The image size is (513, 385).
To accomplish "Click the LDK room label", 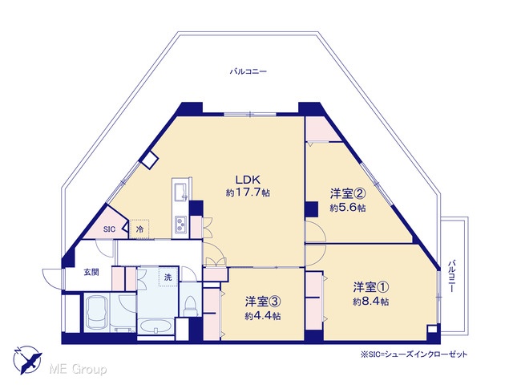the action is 248,180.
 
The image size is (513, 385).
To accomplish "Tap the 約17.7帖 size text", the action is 248,192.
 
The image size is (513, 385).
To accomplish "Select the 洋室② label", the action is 348,194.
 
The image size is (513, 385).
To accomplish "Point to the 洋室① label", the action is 371,287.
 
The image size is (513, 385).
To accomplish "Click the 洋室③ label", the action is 264,302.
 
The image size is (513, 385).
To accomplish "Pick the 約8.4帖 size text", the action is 371,302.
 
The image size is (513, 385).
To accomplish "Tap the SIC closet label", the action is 109,229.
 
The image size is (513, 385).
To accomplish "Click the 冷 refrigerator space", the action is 139,229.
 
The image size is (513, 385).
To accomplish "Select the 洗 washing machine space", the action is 168,278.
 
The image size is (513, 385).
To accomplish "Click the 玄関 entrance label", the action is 91,272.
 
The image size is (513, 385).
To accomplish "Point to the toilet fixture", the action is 190,306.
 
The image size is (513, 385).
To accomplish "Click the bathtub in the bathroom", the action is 97,313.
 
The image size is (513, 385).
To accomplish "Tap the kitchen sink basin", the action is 180,192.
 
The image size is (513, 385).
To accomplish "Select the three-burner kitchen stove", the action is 180,225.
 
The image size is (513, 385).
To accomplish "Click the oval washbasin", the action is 155,326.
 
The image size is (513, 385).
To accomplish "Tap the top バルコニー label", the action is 248,71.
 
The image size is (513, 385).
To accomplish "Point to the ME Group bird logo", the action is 27,359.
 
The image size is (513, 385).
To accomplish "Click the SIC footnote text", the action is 414,355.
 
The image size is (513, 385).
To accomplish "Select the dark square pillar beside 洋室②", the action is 311,209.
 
